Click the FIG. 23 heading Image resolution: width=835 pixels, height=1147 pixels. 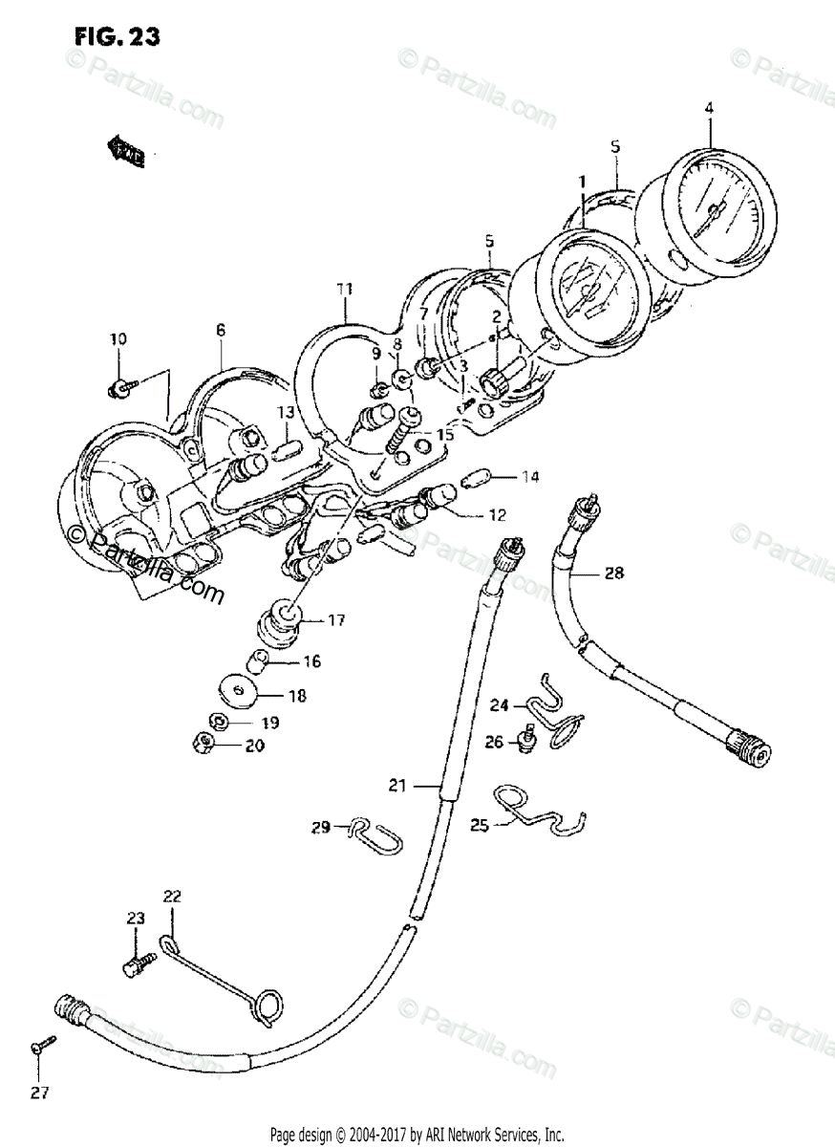(x=117, y=37)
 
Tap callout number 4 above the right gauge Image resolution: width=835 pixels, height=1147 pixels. (x=709, y=108)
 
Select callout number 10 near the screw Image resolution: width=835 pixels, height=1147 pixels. (x=118, y=339)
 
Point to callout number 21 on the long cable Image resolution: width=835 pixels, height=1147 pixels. (x=397, y=786)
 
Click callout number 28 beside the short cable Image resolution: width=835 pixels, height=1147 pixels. (x=613, y=573)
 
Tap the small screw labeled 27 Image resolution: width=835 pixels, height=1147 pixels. (x=37, y=1049)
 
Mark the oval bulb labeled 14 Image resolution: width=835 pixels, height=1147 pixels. (x=475, y=478)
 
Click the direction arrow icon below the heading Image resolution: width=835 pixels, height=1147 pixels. (x=124, y=151)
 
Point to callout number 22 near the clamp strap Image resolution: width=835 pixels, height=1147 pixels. (x=172, y=897)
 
